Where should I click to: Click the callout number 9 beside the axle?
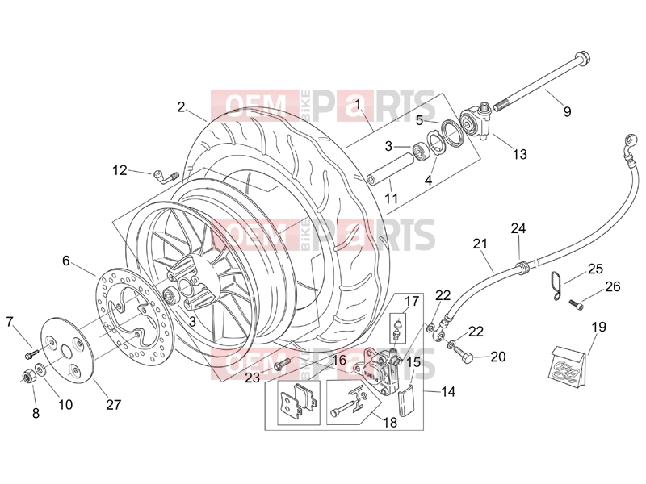click(567, 111)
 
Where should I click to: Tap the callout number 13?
click(520, 154)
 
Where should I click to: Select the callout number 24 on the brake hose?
click(518, 228)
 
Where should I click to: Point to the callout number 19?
click(599, 328)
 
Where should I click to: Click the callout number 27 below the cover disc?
click(113, 405)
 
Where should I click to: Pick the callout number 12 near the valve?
click(120, 170)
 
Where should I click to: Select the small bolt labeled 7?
click(31, 353)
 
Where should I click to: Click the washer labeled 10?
click(40, 369)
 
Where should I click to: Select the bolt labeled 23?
click(283, 364)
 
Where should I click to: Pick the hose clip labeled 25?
click(556, 286)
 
